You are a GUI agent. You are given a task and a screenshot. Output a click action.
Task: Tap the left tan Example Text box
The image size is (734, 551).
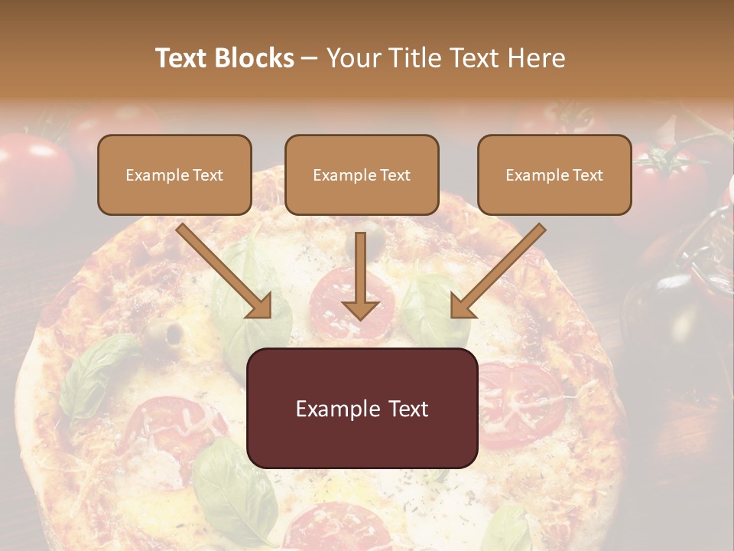174,174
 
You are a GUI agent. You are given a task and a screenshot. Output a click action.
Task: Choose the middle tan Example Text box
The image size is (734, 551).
362,174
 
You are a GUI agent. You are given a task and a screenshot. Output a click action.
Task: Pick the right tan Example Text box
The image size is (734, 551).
554,174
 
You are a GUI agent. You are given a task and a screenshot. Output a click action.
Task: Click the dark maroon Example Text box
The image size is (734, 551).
362,408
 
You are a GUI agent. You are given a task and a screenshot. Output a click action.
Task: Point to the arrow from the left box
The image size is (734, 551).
225,271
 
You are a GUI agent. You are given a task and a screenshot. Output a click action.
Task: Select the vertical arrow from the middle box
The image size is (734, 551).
360,276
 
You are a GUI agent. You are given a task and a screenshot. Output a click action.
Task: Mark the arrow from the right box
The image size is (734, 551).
498,271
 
